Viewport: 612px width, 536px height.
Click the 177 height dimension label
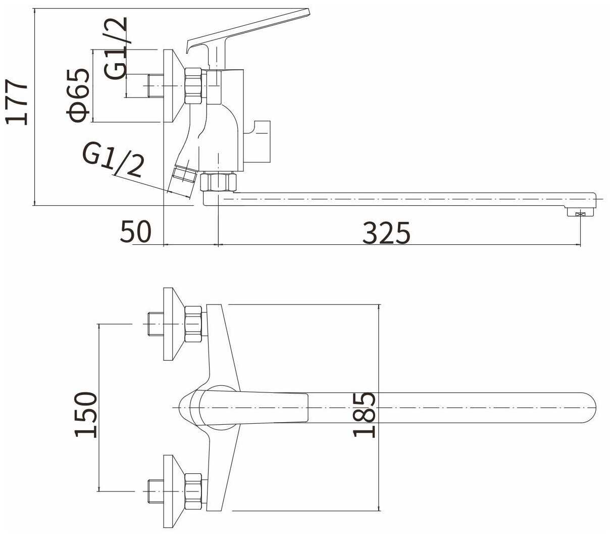point(17,102)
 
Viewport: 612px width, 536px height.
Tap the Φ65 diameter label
point(78,95)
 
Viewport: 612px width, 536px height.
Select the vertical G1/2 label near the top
point(117,48)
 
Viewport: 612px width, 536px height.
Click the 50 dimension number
point(136,232)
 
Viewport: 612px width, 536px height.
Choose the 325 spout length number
point(386,233)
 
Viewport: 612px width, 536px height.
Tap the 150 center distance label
point(86,415)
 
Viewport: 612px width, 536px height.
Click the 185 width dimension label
point(364,415)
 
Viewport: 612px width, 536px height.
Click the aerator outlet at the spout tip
point(580,212)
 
